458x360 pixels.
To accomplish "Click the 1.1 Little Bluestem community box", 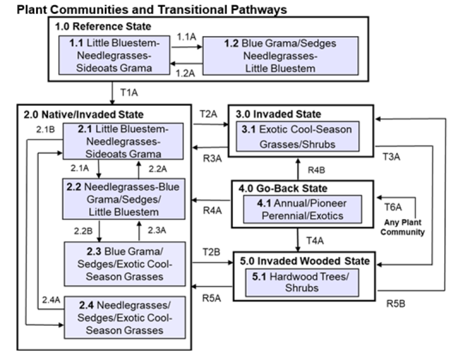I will coord(114,55).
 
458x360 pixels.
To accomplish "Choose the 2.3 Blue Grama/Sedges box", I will coord(125,261).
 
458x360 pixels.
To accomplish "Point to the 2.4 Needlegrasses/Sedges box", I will coord(125,316).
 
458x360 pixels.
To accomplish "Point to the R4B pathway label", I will coord(317,170).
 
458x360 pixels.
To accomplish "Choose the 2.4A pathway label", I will coord(51,301).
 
